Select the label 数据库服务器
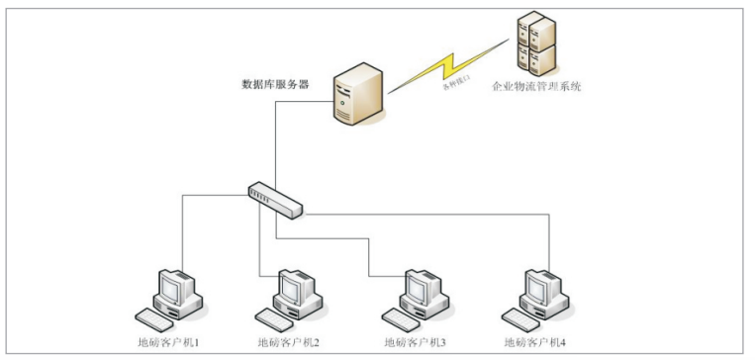pos(275,84)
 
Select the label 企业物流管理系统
pos(536,87)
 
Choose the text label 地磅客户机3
pos(415,342)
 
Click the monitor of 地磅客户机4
pos(534,287)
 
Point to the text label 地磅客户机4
pos(535,342)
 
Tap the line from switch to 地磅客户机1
pos(182,227)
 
